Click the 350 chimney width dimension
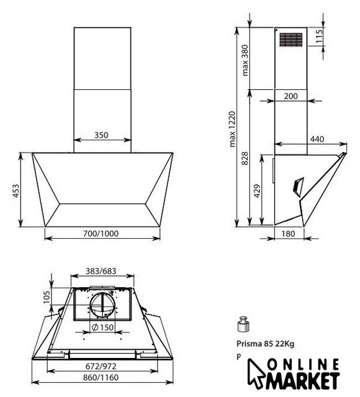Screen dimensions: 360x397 coord(101,135)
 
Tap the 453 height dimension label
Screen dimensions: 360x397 coord(16,191)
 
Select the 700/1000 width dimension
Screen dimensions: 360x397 coord(101,233)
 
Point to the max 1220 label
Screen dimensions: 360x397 coord(232,129)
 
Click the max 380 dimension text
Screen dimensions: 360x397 coord(245,60)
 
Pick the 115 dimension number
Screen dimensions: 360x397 coord(319,36)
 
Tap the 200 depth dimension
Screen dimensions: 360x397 coord(291,96)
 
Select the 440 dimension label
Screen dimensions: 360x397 coord(317,139)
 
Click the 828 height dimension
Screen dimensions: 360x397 coord(245,159)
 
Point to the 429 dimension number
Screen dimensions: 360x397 coord(257,191)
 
